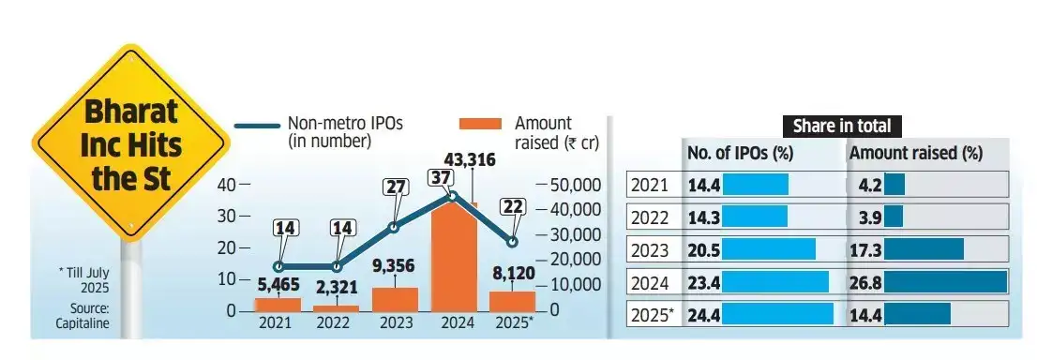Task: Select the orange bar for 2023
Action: coord(395,299)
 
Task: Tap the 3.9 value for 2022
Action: coord(869,217)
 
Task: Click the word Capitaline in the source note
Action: coord(83,323)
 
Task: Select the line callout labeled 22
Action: coord(513,206)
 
